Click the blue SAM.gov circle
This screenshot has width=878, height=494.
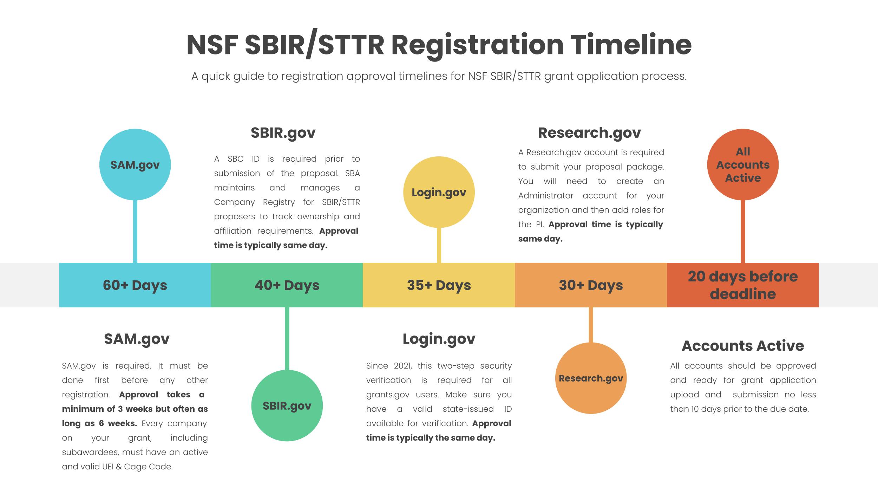[135, 164]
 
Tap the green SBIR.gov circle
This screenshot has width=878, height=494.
[287, 405]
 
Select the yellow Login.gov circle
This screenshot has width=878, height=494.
[439, 192]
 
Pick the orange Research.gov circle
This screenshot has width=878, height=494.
[591, 378]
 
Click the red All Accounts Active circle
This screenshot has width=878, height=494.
[743, 164]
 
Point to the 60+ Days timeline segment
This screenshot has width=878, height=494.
[135, 285]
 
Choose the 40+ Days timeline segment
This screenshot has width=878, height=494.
[287, 285]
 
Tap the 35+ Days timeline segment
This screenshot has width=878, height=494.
[439, 285]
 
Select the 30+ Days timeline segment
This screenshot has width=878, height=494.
[591, 285]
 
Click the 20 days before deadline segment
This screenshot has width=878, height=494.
[743, 285]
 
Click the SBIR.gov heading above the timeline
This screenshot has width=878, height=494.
[283, 133]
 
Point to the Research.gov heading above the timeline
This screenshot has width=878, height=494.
[589, 133]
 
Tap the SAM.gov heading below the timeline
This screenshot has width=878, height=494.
[137, 339]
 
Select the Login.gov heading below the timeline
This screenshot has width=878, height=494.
[439, 339]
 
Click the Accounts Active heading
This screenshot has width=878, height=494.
[743, 346]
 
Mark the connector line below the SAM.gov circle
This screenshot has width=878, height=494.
[135, 231]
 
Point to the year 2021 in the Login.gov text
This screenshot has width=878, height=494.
[402, 366]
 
